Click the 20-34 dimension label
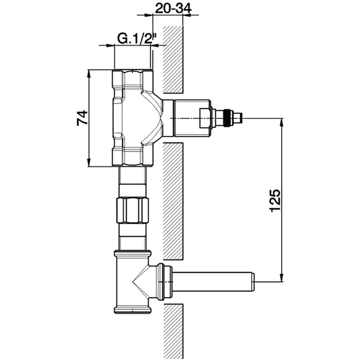pos(173,9)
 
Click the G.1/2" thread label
pos(137,39)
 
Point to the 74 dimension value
pos(82,118)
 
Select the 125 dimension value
pos(275,200)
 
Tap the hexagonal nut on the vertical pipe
pos(133,210)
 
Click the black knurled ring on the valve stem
pos(228,118)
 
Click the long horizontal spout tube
pos(212,282)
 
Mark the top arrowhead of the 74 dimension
pos(89,74)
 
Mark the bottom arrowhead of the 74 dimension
pos(89,163)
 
